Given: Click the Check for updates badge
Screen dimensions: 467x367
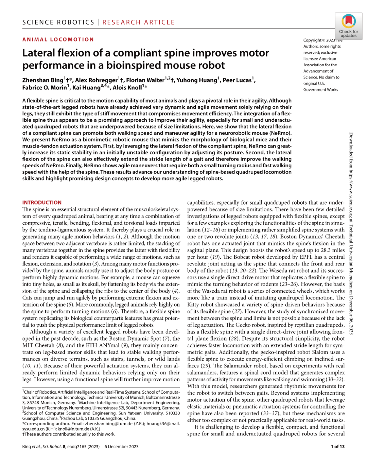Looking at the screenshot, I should (x=348, y=26).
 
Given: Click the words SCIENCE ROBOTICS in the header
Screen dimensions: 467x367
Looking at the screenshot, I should (x=58, y=22).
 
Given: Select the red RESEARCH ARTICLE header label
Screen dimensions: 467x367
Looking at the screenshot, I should (x=139, y=22).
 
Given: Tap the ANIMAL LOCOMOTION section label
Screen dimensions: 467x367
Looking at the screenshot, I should (x=58, y=39).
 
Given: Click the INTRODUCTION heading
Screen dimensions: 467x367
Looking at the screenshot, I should (x=42, y=203).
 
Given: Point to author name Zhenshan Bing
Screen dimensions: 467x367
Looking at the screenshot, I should (x=43, y=81).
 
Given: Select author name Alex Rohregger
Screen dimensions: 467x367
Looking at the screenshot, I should (x=96, y=81).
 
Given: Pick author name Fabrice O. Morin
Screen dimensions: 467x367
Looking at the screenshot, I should (x=45, y=88).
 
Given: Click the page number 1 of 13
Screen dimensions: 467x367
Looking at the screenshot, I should (x=337, y=447).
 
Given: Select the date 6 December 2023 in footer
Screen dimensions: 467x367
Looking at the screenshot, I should (x=121, y=447).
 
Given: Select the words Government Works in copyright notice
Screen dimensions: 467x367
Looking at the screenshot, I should (x=320, y=90).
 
